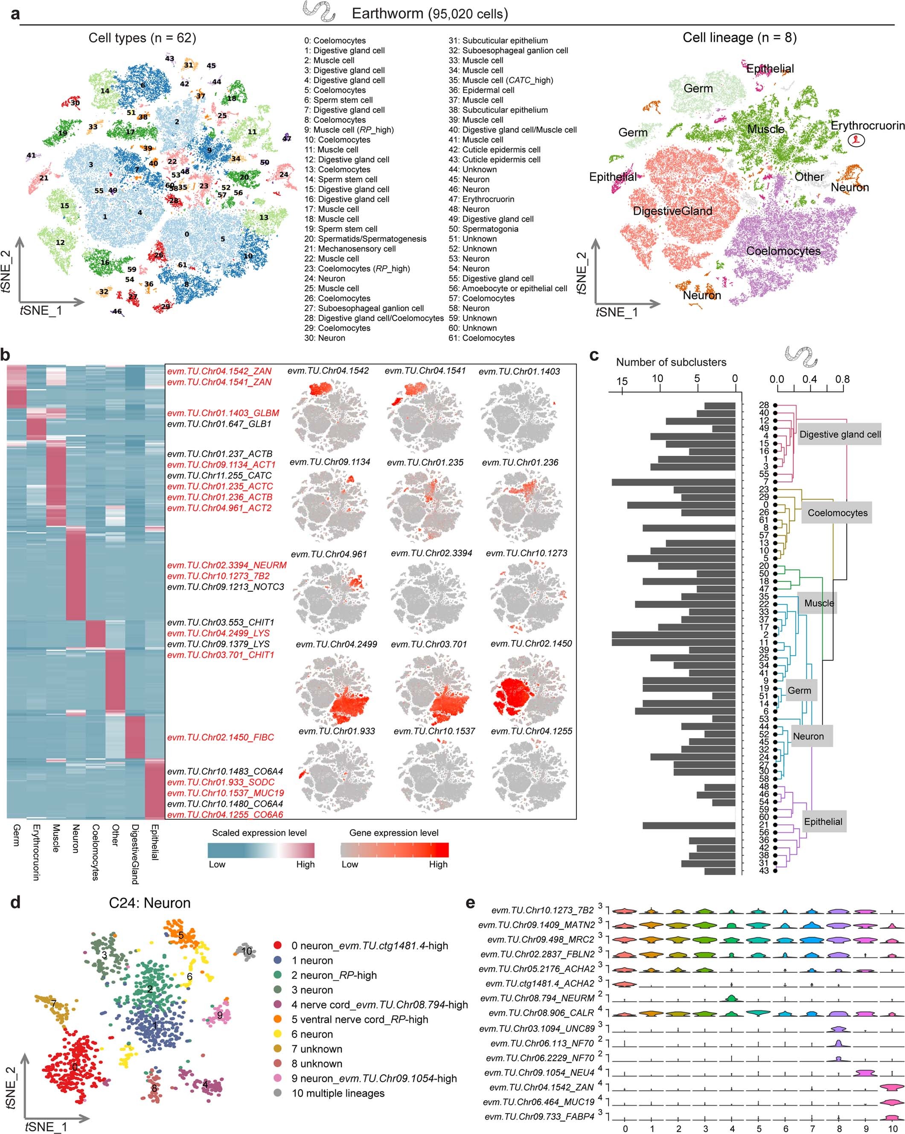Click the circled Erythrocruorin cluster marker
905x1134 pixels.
click(856, 140)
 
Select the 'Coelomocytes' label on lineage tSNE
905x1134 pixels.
click(783, 251)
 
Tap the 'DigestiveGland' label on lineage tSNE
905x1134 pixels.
click(672, 211)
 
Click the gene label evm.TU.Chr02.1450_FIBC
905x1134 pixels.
click(221, 737)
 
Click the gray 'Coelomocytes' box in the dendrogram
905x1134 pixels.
click(837, 513)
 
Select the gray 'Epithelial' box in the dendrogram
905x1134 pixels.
click(823, 821)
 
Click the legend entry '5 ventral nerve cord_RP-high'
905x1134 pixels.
click(359, 1019)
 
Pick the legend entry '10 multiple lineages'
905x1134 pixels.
click(338, 1093)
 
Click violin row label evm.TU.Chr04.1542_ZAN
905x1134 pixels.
click(541, 1087)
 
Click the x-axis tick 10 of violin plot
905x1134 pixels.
click(892, 1129)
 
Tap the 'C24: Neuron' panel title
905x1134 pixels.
click(149, 903)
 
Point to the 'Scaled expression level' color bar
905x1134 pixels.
click(261, 850)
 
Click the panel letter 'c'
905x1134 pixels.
click(594, 356)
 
